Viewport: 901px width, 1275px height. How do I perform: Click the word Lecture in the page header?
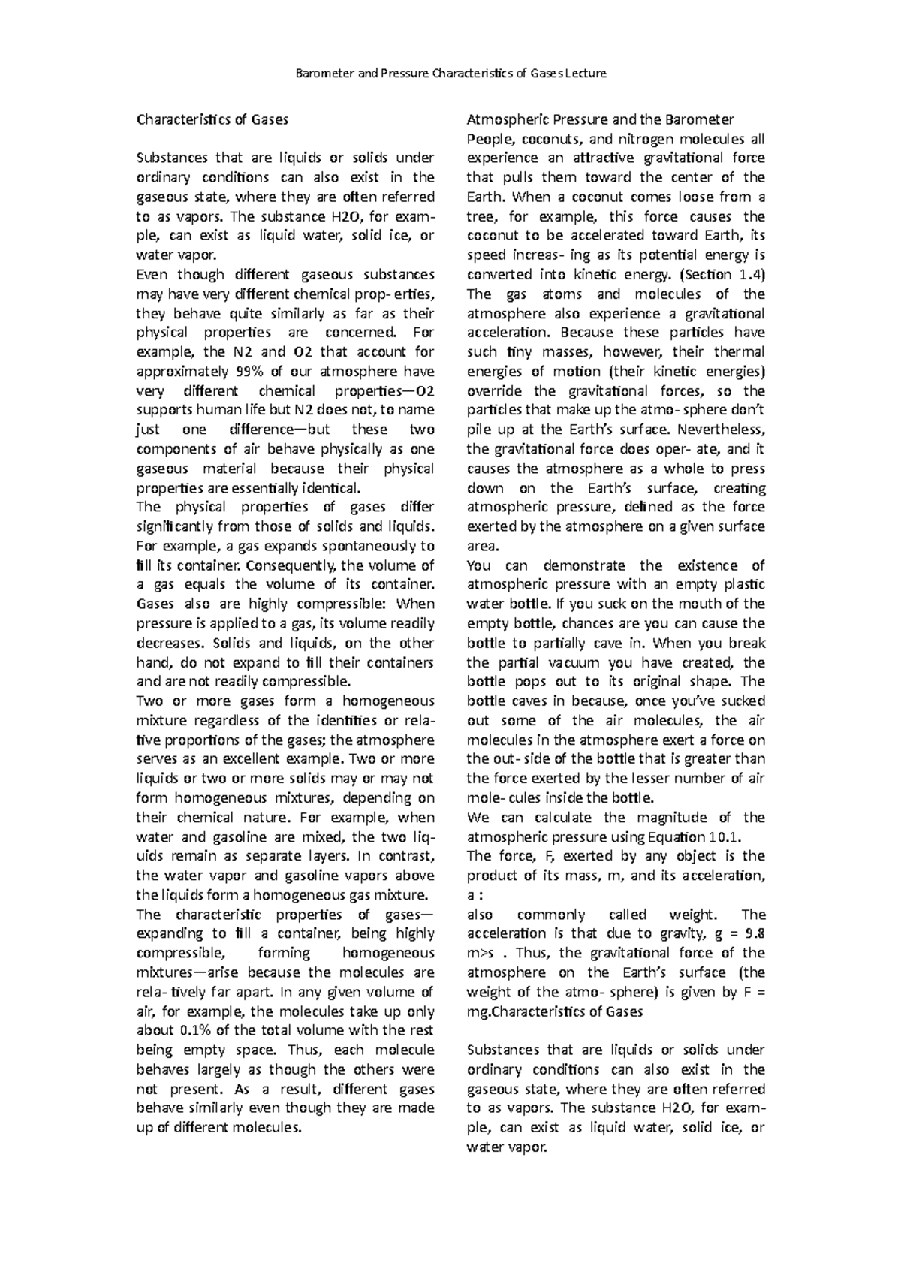[x=585, y=74]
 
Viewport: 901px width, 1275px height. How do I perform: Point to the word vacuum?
[x=574, y=663]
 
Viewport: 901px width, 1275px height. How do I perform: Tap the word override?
[x=494, y=391]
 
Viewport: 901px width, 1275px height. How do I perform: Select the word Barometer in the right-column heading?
[x=695, y=119]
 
